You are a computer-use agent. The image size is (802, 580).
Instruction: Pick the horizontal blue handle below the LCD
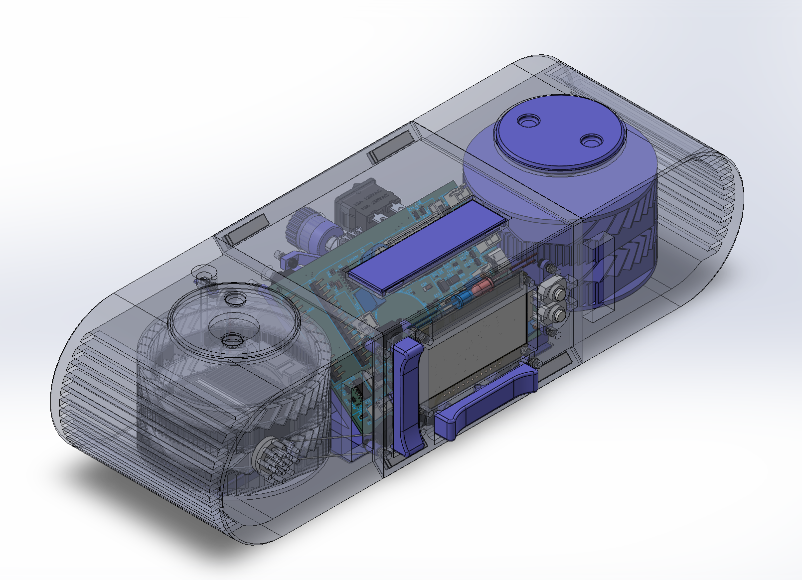pos(486,402)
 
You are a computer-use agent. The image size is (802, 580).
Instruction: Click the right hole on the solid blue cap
pos(592,141)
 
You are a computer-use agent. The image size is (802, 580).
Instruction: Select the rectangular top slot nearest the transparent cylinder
pos(246,230)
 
